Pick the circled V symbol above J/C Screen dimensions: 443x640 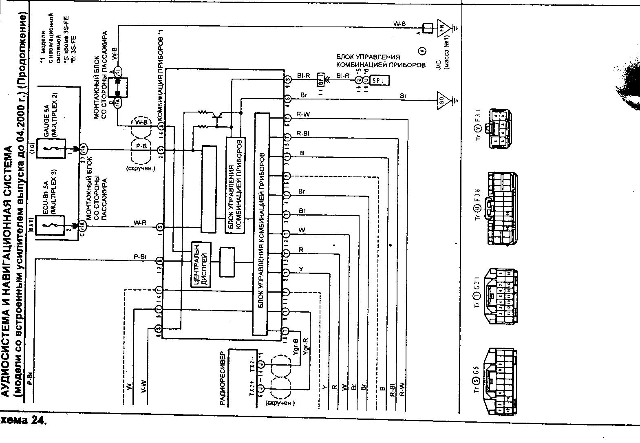(x=423, y=51)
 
